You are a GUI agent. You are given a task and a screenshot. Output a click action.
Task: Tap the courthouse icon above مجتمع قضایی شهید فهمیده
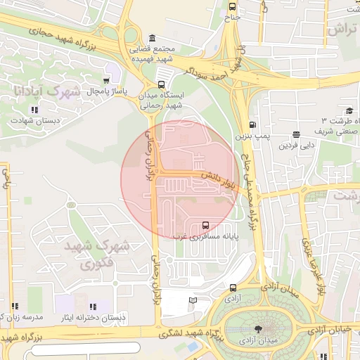[x=153, y=37]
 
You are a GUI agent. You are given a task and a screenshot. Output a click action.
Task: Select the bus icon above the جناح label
[x=232, y=6]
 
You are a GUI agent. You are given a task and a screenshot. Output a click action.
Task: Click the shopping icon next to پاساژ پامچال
[x=107, y=80]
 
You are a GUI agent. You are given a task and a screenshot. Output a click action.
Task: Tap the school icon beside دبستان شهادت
[x=34, y=110]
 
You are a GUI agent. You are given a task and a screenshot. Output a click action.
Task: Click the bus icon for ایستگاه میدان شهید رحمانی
[x=162, y=84]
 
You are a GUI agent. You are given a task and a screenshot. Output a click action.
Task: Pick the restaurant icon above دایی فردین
[x=296, y=134]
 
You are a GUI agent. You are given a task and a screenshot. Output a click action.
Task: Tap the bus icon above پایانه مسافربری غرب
[x=205, y=225]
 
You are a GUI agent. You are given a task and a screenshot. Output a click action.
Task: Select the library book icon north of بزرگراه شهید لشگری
[x=193, y=301]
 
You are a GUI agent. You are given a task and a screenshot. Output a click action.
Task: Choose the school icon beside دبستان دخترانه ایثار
[x=92, y=307]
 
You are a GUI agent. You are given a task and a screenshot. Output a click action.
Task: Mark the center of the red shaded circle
[x=179, y=179]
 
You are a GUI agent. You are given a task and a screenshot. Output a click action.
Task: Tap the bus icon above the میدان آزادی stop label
[x=233, y=288]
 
